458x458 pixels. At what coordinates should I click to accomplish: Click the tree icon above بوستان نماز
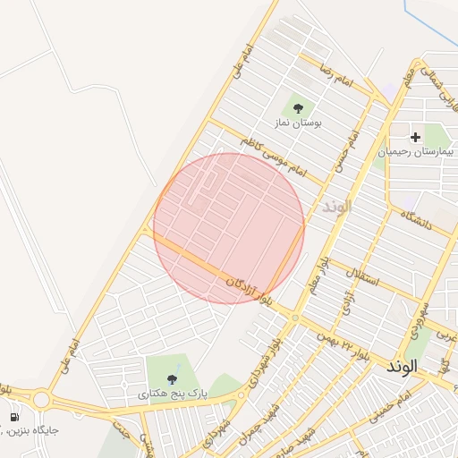click(x=298, y=108)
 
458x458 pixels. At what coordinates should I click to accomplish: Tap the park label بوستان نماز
click(x=298, y=123)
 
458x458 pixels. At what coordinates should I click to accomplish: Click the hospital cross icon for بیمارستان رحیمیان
click(x=415, y=138)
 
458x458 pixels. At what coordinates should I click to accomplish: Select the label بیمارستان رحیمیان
click(x=415, y=152)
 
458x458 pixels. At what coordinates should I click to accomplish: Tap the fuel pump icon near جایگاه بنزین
click(x=14, y=417)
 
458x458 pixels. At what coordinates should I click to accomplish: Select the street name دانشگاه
click(x=416, y=220)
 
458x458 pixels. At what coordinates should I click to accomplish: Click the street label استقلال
click(x=368, y=278)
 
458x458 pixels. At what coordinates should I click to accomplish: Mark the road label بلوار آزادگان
click(x=248, y=288)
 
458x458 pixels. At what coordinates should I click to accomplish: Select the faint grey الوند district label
click(x=336, y=207)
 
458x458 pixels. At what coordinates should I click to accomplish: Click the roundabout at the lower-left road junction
click(x=41, y=399)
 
